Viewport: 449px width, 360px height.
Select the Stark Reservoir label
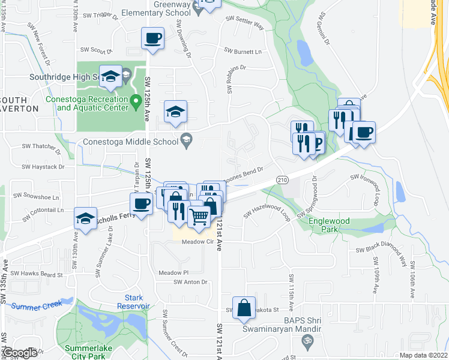(133, 302)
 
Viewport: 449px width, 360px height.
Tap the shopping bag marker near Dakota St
(244, 308)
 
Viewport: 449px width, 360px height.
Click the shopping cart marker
(199, 215)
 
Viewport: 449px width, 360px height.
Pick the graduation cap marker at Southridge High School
(110, 76)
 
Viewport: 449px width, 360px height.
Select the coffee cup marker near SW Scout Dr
(153, 39)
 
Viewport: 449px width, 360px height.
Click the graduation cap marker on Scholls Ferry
(85, 219)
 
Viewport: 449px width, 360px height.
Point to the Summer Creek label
(36, 305)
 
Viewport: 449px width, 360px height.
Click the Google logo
(20, 353)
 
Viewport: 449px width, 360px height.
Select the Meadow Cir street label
(197, 242)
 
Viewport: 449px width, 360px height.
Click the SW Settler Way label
(245, 22)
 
